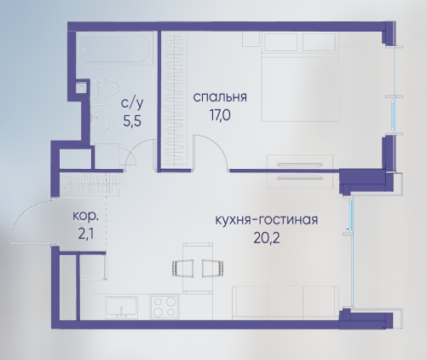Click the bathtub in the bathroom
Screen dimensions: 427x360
pyautogui.click(x=114, y=48)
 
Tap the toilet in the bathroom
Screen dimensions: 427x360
pyautogui.click(x=107, y=89)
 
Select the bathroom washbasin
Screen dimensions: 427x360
pyautogui.click(x=101, y=117)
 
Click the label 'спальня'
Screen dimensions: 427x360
pyautogui.click(x=220, y=97)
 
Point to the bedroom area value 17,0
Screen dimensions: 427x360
pyautogui.click(x=220, y=115)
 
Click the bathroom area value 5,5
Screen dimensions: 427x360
pyautogui.click(x=132, y=121)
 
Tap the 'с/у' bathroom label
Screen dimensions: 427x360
pyautogui.click(x=132, y=103)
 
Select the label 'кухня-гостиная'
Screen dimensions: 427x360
pyautogui.click(x=266, y=220)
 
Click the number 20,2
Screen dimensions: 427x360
pyautogui.click(x=267, y=238)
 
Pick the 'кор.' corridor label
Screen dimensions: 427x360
pyautogui.click(x=86, y=217)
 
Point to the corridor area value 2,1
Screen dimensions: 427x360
pyautogui.click(x=86, y=235)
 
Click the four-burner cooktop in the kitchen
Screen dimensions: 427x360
pyautogui.click(x=164, y=306)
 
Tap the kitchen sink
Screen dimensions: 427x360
pyautogui.click(x=122, y=307)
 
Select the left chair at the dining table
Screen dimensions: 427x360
pyautogui.click(x=183, y=268)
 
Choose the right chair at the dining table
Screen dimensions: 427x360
pyautogui.click(x=212, y=268)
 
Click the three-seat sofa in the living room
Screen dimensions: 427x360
pyautogui.click(x=286, y=303)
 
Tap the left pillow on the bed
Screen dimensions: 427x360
pyautogui.click(x=281, y=42)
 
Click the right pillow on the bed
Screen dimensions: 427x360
pyautogui.click(x=320, y=42)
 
